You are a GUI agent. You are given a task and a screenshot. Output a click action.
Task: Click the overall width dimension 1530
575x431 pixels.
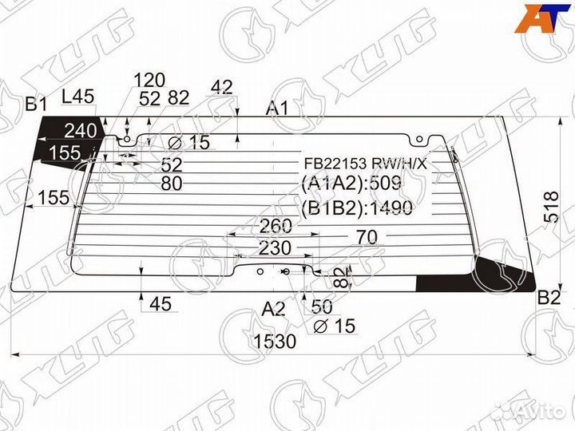point(275,342)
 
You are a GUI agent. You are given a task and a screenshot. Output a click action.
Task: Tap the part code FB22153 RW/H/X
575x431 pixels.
point(364,164)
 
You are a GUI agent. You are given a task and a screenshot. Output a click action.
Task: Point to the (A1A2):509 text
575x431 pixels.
point(351,185)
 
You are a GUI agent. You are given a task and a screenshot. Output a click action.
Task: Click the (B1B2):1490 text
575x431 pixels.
point(356,209)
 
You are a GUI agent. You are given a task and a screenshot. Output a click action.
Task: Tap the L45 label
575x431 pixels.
point(77,97)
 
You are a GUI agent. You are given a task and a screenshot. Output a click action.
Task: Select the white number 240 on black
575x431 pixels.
point(80,131)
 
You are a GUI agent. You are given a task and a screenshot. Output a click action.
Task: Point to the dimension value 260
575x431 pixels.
point(276,227)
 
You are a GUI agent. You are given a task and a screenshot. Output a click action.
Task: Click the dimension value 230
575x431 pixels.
point(275,248)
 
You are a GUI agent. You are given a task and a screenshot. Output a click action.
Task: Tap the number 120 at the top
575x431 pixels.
point(149,80)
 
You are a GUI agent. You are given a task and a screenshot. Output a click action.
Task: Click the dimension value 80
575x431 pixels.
point(172,184)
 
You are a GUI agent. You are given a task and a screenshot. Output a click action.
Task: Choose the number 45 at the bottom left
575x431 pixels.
point(161,303)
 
